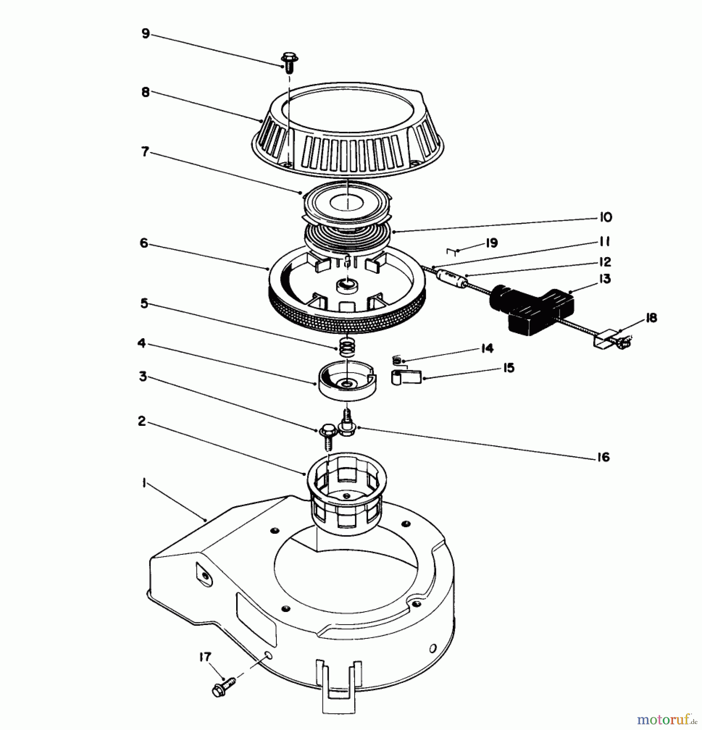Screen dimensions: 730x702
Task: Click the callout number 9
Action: coord(146,34)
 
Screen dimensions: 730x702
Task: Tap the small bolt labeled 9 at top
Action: coord(289,63)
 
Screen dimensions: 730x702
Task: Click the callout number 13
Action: coord(605,279)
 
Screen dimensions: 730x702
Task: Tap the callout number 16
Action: coord(603,457)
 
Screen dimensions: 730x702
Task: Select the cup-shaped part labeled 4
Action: coord(347,381)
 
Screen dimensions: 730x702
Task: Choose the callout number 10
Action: coord(605,218)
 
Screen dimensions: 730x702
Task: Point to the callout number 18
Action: coord(651,318)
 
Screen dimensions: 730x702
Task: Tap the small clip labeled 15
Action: coord(406,378)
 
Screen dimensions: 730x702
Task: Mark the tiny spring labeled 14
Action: coord(397,359)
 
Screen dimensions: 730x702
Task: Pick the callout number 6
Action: coord(144,243)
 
